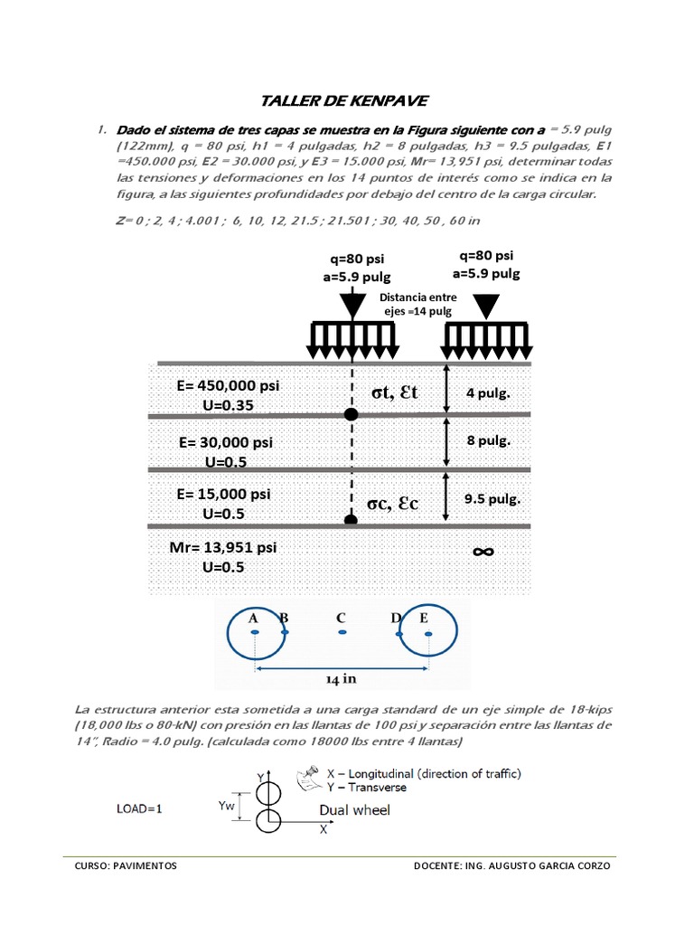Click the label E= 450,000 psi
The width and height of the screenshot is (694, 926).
pos(229,386)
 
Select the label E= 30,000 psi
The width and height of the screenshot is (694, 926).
pos(226,443)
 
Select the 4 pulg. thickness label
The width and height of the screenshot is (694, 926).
pos(488,394)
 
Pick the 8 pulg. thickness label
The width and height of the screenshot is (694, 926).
pos(489,441)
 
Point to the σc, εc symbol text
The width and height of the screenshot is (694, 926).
pos(393,503)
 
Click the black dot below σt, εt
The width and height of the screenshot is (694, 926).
pos(352,414)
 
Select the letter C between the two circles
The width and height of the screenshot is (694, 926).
pos(341,619)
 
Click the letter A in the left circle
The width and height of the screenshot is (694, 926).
pos(254,619)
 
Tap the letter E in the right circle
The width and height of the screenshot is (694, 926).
pos(425,619)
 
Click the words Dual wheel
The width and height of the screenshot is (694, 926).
pos(354,810)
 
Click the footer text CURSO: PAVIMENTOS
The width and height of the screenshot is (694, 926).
pos(126,865)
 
